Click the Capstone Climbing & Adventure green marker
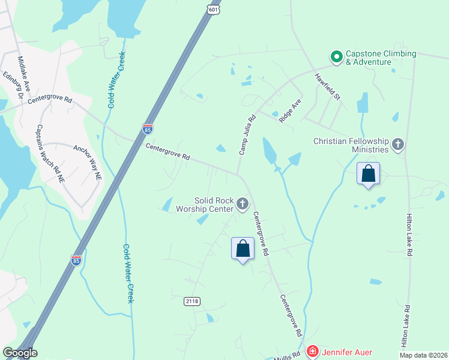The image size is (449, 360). pyautogui.click(x=337, y=57)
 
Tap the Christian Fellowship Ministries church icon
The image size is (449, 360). pyautogui.click(x=397, y=145)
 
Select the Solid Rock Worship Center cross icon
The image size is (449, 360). pyautogui.click(x=243, y=205)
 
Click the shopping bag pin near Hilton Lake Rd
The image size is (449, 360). pyautogui.click(x=368, y=174)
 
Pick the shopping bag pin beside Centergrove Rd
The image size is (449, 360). pyautogui.click(x=243, y=248)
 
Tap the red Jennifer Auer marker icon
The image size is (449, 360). pyautogui.click(x=312, y=352)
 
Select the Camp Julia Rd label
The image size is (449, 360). pyautogui.click(x=247, y=135)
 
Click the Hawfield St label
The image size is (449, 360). pyautogui.click(x=328, y=87)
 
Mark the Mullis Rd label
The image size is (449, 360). pyautogui.click(x=288, y=355)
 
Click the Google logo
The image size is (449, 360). pyautogui.click(x=19, y=353)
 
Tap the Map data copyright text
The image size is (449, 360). pyautogui.click(x=424, y=355)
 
